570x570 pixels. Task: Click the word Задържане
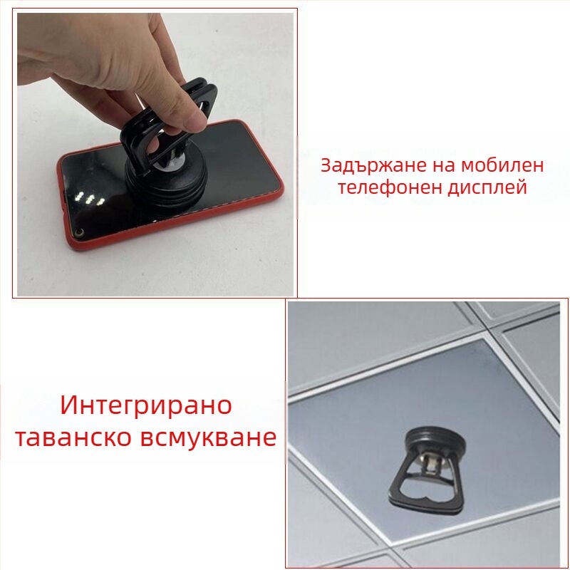coord(373,166)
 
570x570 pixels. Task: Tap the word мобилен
coord(503,165)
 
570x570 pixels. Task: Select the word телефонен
coord(390,187)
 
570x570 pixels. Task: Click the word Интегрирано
coord(146,405)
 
